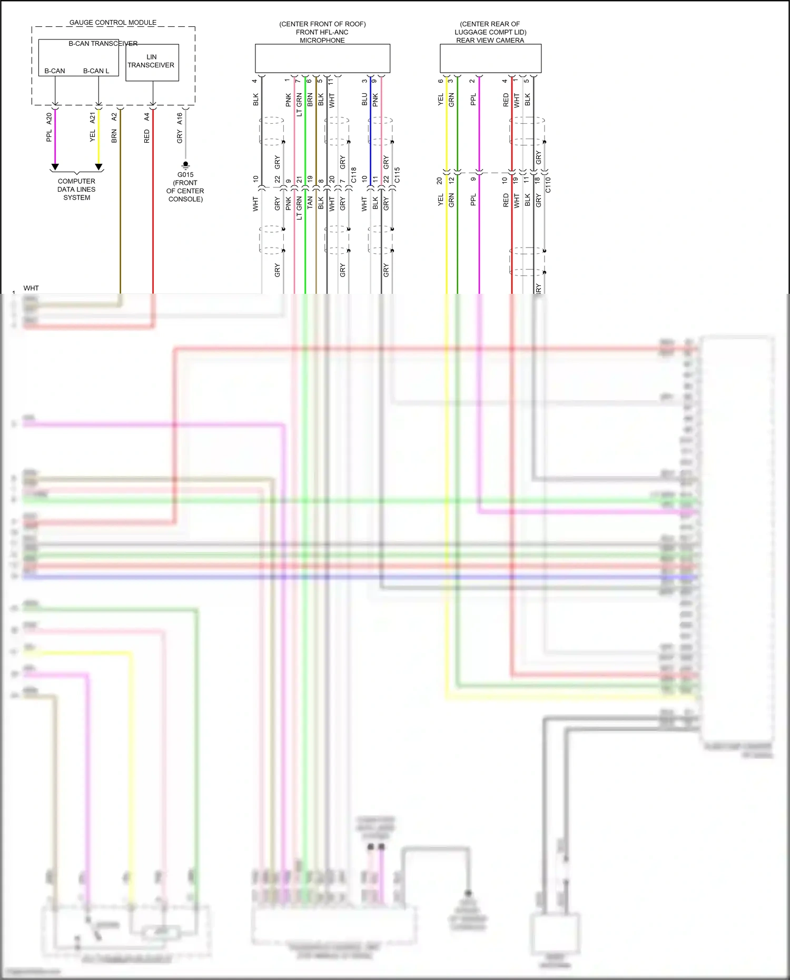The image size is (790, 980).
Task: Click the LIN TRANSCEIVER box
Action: click(x=152, y=62)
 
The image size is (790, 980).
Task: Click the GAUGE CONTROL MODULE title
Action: click(x=113, y=23)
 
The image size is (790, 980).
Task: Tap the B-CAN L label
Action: click(x=96, y=71)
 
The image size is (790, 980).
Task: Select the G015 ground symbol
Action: click(x=185, y=165)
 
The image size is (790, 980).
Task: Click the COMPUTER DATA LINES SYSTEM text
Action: click(x=77, y=189)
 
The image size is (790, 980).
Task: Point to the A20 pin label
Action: click(x=49, y=118)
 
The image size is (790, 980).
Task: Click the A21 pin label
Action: click(x=93, y=118)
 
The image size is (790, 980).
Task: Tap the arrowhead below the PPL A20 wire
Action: click(x=55, y=167)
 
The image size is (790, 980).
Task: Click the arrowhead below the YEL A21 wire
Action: click(x=98, y=167)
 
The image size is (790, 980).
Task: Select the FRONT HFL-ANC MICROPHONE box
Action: click(x=322, y=58)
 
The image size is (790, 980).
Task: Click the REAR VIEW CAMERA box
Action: click(x=490, y=58)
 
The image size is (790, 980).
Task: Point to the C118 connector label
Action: click(x=353, y=175)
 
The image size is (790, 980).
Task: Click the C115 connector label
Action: click(x=397, y=175)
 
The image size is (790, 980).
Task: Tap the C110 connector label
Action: click(x=548, y=184)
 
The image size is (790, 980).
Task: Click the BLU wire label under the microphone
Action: click(x=364, y=100)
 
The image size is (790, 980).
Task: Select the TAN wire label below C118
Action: click(x=310, y=202)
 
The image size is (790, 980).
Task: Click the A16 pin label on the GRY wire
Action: click(x=180, y=118)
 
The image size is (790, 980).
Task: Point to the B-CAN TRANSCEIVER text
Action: click(x=103, y=43)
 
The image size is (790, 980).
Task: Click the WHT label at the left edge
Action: click(x=31, y=288)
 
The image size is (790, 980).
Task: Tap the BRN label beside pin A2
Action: click(x=114, y=136)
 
